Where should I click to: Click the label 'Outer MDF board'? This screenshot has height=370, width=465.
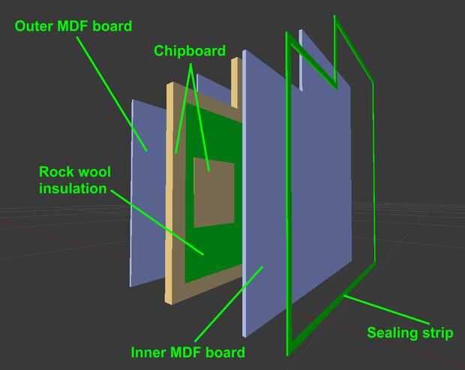click(73, 26)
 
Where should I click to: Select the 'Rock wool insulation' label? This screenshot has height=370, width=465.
click(73, 179)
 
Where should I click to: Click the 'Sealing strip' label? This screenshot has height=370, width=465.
click(409, 332)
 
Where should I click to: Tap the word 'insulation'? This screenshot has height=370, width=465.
click(73, 188)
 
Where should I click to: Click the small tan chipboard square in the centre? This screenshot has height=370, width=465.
click(214, 191)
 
